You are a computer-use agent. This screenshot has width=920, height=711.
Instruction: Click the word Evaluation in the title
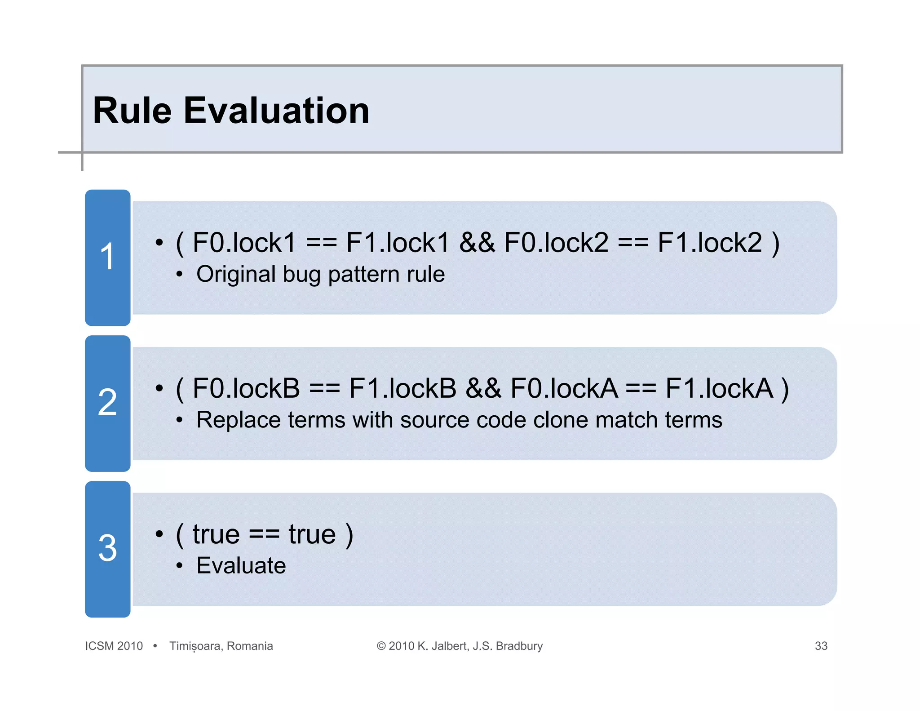[x=276, y=111]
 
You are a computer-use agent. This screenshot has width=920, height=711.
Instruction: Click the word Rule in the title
[x=132, y=111]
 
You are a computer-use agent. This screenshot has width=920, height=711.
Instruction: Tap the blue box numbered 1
[x=108, y=258]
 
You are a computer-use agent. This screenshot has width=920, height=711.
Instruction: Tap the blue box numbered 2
[x=108, y=403]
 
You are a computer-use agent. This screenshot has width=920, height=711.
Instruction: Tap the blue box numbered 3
[x=108, y=549]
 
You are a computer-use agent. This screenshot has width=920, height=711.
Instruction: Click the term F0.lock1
[x=244, y=243]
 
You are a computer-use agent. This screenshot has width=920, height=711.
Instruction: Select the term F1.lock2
[x=710, y=243]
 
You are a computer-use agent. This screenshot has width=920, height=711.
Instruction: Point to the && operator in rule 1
[x=477, y=243]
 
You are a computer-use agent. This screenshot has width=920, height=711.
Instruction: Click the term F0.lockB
[x=246, y=388]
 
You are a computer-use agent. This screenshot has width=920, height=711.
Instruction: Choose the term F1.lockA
[x=719, y=388]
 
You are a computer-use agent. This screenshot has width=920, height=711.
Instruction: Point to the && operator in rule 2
[x=483, y=388]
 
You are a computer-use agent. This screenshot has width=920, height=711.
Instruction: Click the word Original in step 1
[x=236, y=274]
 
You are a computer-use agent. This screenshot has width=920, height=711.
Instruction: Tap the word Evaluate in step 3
[x=241, y=566]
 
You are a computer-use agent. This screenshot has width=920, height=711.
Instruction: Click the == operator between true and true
[x=264, y=535]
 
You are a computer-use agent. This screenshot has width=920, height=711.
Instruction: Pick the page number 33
[x=821, y=646]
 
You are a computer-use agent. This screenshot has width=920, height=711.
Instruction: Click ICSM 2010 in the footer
[x=114, y=646]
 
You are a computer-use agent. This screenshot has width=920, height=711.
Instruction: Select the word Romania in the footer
[x=250, y=646]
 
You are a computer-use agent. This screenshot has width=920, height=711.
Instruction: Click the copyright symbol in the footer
[x=381, y=646]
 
